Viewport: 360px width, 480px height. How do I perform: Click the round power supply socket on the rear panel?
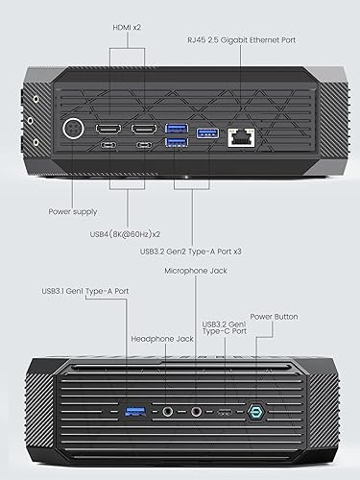pyautogui.click(x=70, y=130)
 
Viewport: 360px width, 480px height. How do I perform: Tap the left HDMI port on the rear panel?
pyautogui.click(x=109, y=128)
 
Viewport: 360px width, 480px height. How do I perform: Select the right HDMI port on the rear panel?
pyautogui.click(x=144, y=128)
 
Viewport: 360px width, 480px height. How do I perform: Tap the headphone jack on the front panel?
pyautogui.click(x=169, y=411)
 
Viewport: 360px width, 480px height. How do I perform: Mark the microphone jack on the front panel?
pyautogui.click(x=197, y=411)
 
